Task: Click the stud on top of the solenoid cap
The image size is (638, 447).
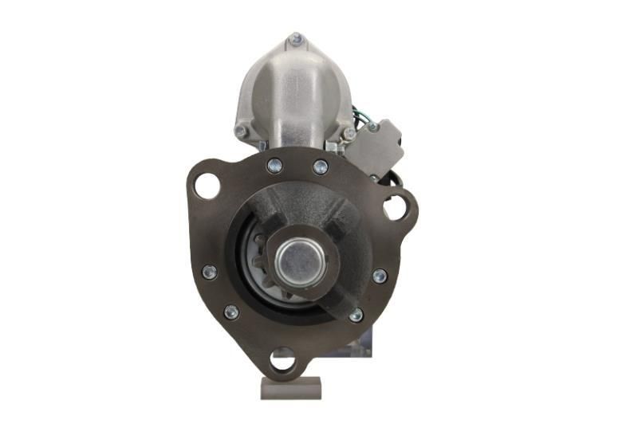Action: (297, 37)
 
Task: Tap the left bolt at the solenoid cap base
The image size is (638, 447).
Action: (241, 131)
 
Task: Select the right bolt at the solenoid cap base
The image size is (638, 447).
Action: (349, 133)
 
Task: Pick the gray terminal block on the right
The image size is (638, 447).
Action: (376, 148)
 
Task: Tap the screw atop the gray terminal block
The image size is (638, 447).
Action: (372, 126)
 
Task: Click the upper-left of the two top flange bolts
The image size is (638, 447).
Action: (274, 165)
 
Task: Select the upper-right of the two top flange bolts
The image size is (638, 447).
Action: (320, 167)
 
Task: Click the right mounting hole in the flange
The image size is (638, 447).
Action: (395, 209)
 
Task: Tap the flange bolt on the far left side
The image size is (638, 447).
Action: (210, 272)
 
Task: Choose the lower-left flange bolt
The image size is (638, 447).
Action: (231, 312)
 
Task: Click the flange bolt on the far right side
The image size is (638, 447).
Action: (380, 276)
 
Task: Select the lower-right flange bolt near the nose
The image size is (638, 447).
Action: (356, 315)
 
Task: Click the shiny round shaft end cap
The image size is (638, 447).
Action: (298, 258)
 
